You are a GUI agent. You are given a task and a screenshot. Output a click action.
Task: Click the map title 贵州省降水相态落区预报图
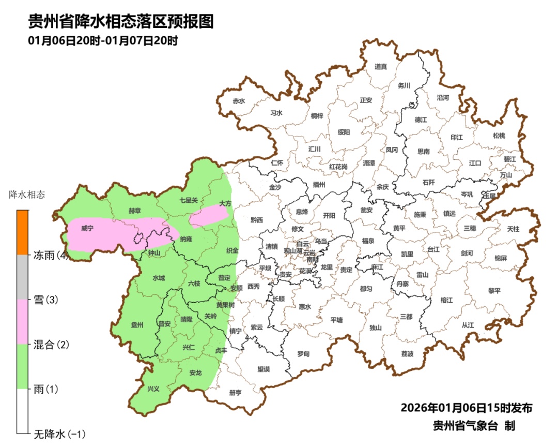120,22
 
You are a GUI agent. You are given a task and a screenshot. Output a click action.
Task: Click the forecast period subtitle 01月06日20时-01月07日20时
103,41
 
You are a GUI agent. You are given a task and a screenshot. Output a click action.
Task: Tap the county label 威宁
87,228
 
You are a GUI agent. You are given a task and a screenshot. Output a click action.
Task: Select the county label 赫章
134,211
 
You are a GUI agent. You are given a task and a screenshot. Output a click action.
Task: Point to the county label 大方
225,204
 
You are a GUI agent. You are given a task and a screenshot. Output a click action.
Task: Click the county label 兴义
154,389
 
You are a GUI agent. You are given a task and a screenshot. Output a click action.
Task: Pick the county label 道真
381,66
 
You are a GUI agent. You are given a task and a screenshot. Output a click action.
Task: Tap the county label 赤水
239,101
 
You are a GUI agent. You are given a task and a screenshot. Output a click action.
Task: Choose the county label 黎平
494,291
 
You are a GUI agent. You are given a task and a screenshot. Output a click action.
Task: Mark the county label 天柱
513,228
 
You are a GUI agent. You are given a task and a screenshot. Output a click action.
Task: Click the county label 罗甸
303,354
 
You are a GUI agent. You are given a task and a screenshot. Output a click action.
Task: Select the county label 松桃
499,136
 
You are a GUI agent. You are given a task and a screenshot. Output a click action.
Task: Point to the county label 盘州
137,324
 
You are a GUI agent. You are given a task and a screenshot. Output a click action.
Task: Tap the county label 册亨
235,393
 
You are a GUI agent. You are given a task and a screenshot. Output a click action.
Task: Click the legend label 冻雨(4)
51,255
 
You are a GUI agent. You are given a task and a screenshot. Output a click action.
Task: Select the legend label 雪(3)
45,300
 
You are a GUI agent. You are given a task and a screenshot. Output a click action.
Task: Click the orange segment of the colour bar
22,232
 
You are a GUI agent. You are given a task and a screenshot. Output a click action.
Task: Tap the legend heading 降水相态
27,196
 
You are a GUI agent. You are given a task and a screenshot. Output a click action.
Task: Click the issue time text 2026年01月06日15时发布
466,408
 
